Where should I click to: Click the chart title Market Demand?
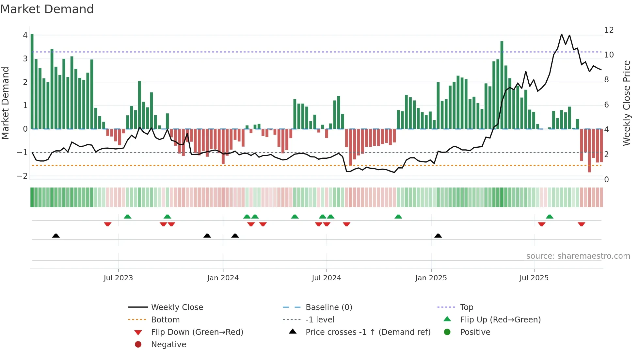[47, 9]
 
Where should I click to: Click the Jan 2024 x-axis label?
[223, 278]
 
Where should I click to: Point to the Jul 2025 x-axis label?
[534, 278]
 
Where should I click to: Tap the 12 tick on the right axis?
[609, 30]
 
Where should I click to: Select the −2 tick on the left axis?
[23, 176]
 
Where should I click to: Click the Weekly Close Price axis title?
[626, 103]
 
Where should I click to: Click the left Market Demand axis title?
[6, 103]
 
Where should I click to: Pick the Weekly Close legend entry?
[177, 307]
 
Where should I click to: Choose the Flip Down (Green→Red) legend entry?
[197, 332]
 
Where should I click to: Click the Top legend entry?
[466, 307]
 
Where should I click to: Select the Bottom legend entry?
[165, 320]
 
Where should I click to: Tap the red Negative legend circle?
[138, 345]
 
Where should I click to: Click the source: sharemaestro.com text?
[578, 256]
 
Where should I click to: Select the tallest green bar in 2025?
[502, 85]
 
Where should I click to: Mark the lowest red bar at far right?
[589, 150]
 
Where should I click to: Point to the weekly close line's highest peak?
[562, 34]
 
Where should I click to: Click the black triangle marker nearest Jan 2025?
[438, 236]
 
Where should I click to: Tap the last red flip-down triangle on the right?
[581, 224]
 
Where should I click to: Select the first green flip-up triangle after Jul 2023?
[128, 217]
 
